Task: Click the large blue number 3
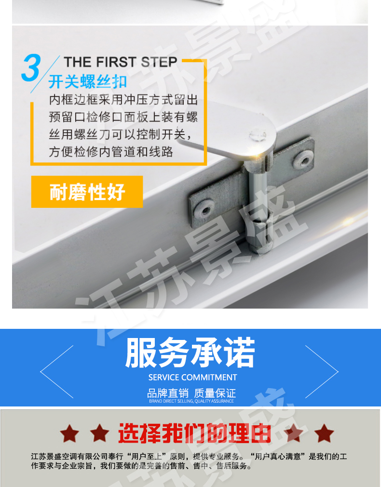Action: click(31, 68)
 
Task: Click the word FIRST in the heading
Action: click(116, 62)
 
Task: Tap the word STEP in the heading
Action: click(159, 62)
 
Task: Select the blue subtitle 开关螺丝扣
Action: click(88, 81)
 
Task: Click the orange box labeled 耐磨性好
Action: click(87, 191)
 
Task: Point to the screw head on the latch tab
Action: click(258, 135)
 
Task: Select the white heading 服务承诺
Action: click(190, 353)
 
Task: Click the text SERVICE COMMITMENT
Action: click(193, 378)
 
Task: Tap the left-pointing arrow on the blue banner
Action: click(56, 372)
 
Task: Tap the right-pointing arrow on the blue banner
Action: click(322, 372)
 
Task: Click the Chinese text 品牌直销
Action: click(168, 393)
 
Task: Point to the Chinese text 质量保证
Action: click(215, 393)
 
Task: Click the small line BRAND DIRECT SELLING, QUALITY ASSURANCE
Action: click(191, 401)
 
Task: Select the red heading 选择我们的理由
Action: click(194, 433)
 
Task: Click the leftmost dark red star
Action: click(69, 433)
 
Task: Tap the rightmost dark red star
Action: click(324, 433)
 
